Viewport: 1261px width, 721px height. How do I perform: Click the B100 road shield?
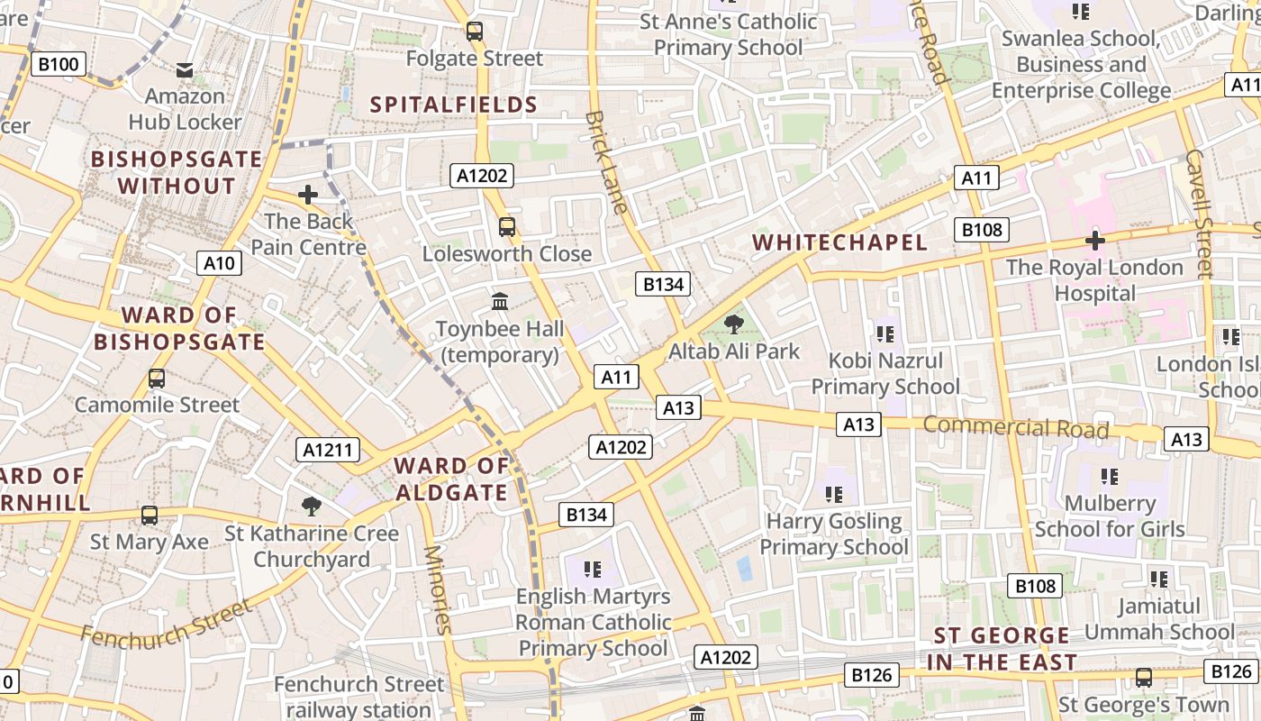click(x=59, y=64)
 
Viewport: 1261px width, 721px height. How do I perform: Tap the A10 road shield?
click(x=219, y=263)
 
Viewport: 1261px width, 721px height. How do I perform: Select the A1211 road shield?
click(x=328, y=450)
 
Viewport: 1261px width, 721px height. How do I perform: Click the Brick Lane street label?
click(x=605, y=162)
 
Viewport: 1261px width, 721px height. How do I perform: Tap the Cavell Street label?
click(x=1200, y=213)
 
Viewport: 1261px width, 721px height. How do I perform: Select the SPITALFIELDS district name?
click(x=454, y=105)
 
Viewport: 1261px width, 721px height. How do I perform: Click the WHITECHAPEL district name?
click(x=839, y=242)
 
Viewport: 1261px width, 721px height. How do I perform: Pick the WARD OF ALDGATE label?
click(x=451, y=479)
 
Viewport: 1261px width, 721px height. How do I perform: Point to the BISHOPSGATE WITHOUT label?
click(x=177, y=173)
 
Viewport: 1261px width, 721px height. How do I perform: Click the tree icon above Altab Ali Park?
click(x=734, y=324)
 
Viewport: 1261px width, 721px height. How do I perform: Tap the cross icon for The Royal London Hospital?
click(x=1094, y=241)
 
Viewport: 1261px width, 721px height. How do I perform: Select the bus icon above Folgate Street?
click(x=475, y=32)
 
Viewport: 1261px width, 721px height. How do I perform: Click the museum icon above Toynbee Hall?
click(x=500, y=301)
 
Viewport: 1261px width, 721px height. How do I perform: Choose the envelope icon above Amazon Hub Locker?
click(x=185, y=69)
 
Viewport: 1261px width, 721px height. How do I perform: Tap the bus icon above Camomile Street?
click(x=157, y=378)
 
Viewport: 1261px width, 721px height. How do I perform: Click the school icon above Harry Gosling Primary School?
click(x=834, y=495)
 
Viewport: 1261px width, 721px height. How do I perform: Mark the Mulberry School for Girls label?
click(x=1109, y=516)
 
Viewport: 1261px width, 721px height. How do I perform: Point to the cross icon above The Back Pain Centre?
click(x=308, y=194)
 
